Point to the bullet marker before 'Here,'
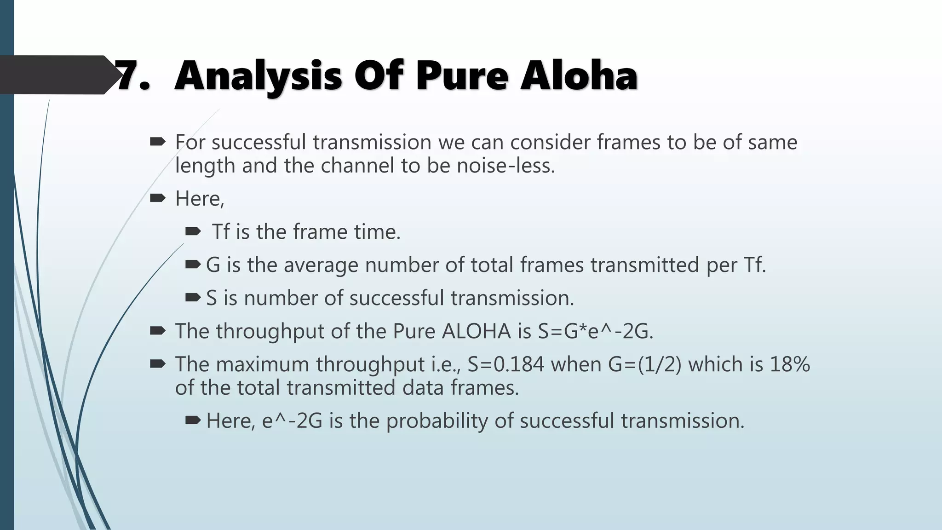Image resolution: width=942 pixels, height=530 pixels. point(157,198)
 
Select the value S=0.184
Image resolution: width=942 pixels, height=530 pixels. point(505,364)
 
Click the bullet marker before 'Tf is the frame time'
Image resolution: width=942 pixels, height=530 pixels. point(193,231)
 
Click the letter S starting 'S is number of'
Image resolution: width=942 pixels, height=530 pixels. point(211,298)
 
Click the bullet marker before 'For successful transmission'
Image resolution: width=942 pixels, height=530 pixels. point(157,142)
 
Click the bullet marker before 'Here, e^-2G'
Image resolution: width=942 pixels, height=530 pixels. point(193,420)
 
